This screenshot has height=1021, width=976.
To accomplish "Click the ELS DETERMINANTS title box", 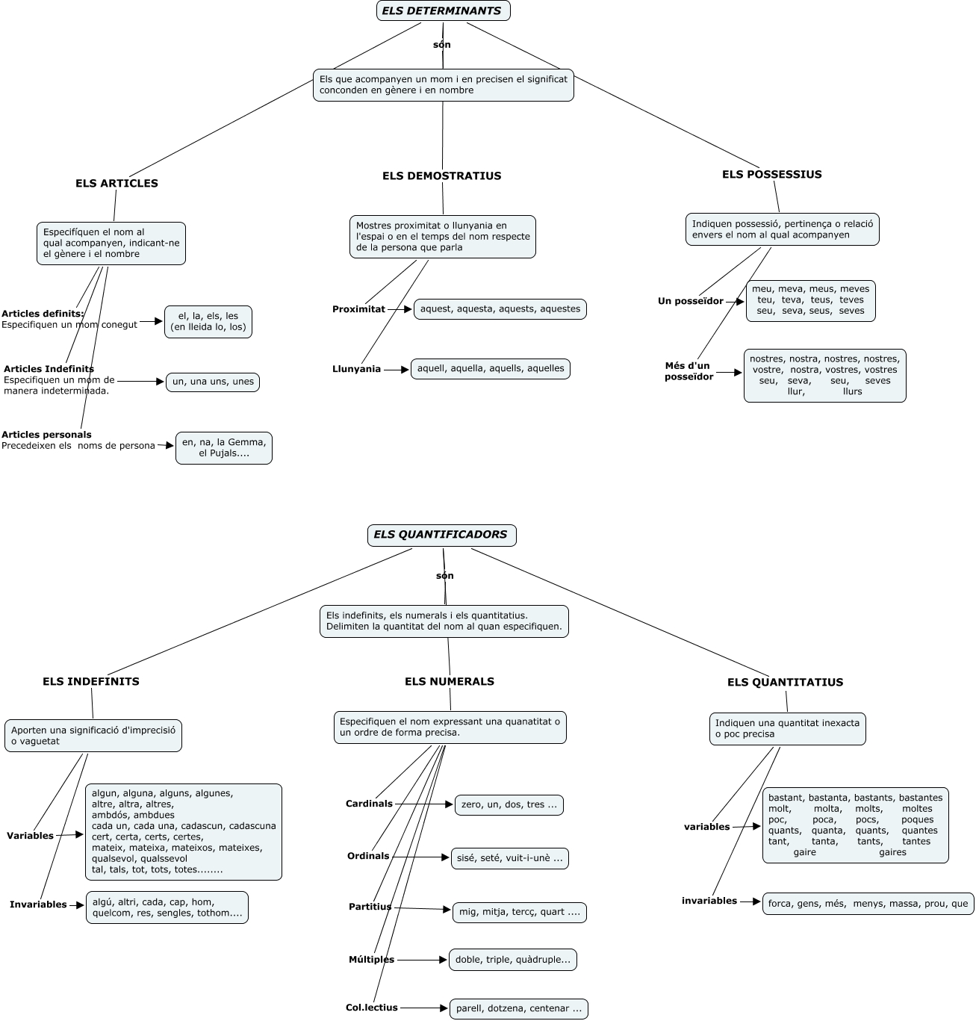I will (443, 11).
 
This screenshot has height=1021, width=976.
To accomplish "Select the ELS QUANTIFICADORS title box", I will (441, 535).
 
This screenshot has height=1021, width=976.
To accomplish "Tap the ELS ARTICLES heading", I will (116, 183).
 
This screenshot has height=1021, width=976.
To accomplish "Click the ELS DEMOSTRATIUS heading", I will (441, 176).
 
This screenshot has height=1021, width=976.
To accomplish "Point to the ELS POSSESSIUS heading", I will (771, 174).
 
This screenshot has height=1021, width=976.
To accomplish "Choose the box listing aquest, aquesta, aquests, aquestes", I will (500, 308).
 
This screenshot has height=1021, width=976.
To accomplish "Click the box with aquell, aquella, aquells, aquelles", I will (491, 368).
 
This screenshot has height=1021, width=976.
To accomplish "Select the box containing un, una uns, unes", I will (213, 382).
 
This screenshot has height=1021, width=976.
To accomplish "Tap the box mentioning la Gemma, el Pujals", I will (223, 447).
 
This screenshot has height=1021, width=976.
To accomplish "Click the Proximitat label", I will (358, 309).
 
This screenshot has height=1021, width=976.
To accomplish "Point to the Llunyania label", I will (356, 369).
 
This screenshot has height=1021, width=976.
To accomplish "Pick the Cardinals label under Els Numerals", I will (369, 804).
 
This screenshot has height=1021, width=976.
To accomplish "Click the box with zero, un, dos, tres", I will (509, 804).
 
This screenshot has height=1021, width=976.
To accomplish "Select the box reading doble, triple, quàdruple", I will (512, 960).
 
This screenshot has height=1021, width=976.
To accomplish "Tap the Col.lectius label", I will (371, 1008).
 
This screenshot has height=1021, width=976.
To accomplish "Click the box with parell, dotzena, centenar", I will (518, 1008).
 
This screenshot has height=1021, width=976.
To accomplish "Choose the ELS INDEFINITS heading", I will (90, 681).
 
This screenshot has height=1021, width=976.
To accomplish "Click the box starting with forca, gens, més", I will (868, 904).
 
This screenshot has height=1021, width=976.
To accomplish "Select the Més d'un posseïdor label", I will (689, 371).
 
